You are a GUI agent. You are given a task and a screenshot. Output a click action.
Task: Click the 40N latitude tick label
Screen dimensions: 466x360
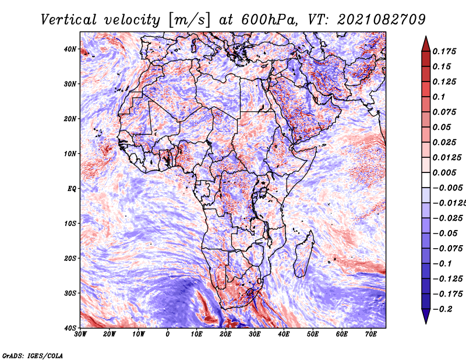(70, 49)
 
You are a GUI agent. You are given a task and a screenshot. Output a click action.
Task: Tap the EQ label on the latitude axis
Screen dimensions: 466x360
(72, 189)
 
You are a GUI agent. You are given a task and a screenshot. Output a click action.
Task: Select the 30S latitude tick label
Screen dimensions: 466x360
(70, 293)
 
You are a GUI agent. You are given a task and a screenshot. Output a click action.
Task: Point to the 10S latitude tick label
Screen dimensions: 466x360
(70, 223)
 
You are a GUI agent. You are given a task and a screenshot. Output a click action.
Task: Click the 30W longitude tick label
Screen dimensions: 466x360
(80, 334)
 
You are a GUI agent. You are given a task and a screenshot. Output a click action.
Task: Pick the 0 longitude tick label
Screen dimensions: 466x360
(168, 334)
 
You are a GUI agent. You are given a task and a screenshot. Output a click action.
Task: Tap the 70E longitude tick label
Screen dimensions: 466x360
(371, 334)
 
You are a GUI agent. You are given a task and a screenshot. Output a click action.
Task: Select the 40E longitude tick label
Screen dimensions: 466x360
(284, 334)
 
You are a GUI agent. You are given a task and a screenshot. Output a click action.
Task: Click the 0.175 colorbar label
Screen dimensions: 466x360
(444, 52)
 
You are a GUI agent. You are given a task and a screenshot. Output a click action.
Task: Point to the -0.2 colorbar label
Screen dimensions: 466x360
(442, 309)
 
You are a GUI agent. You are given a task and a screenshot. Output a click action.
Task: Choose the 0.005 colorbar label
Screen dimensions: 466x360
(444, 172)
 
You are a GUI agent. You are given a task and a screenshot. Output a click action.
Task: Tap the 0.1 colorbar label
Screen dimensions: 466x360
(439, 97)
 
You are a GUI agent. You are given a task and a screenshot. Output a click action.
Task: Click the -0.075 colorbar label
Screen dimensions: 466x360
(447, 249)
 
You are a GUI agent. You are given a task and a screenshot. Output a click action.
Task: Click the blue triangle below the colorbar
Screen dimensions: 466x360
(426, 316)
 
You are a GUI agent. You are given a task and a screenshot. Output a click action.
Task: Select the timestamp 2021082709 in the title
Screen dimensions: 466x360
(382, 20)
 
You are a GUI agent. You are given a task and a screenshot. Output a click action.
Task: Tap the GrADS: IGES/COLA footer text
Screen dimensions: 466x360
(33, 355)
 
